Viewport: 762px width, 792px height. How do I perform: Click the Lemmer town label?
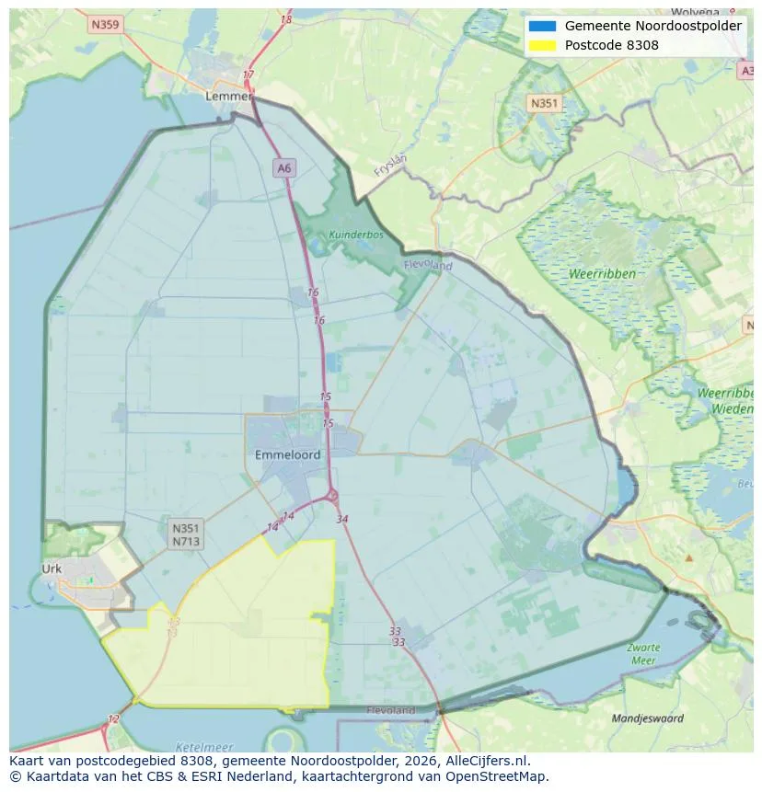(x=229, y=96)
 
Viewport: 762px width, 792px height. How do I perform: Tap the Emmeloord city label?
(x=288, y=455)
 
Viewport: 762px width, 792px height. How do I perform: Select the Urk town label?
(x=52, y=568)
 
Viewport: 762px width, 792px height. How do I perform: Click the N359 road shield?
(x=106, y=25)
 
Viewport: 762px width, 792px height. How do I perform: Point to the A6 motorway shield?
(x=284, y=167)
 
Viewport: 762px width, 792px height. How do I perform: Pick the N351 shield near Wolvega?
(x=544, y=103)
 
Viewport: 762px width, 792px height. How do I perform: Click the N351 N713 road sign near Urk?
(x=185, y=534)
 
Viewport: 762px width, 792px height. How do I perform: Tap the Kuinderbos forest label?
(x=355, y=235)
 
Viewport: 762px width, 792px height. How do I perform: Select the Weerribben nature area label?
(x=603, y=274)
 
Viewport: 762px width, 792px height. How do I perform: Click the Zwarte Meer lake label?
(x=643, y=653)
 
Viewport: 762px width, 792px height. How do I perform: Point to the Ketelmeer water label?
(x=203, y=747)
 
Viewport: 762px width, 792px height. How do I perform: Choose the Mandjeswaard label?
(x=648, y=717)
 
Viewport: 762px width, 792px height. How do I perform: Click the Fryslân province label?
(x=390, y=166)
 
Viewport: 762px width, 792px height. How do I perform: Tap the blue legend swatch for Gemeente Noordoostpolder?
(x=543, y=26)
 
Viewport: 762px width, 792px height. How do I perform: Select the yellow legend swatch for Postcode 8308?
(x=543, y=45)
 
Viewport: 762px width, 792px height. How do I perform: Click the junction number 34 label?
(x=342, y=519)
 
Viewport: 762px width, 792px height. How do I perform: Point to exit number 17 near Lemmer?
(x=248, y=75)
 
